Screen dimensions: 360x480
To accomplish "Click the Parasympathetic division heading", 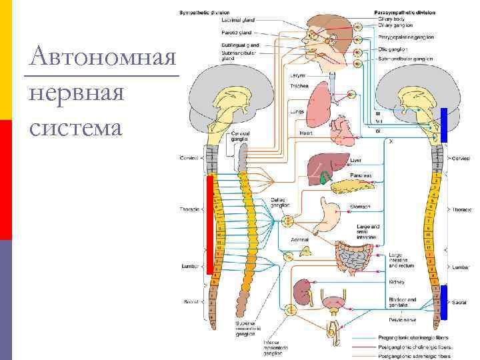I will pos(405,13).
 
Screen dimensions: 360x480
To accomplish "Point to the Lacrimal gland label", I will pos(236,21).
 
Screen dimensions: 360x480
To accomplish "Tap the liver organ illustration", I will pos(323,167).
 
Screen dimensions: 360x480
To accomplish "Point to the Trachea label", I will pos(299,85).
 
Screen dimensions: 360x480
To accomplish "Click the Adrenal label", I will pos(299,239).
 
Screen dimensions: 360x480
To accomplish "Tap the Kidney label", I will pos(397,282).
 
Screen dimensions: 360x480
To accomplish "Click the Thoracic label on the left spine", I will pos(190,209).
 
